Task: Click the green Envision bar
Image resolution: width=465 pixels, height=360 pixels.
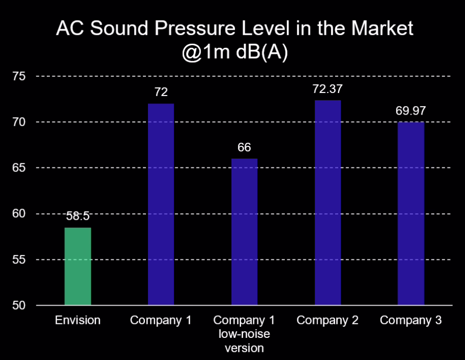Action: coord(78,266)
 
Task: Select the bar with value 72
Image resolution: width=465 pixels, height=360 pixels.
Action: coord(161,204)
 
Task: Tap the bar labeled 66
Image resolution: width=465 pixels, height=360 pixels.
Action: coord(245,232)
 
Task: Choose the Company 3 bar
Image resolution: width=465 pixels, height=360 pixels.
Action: coord(411,213)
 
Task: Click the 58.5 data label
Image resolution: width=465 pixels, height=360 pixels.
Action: coord(77,217)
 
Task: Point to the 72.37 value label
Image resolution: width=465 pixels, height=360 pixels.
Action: coord(328,89)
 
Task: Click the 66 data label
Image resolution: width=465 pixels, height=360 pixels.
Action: coord(245,147)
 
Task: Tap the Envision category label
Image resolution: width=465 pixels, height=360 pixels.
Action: coord(78,321)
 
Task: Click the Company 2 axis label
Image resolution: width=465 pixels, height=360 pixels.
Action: coord(328,321)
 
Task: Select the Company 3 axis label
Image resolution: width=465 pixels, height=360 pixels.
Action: coord(411,321)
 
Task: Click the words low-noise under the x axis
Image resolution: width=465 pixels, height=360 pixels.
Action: coord(245,334)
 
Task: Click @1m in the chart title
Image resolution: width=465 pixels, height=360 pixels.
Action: coord(205,53)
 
